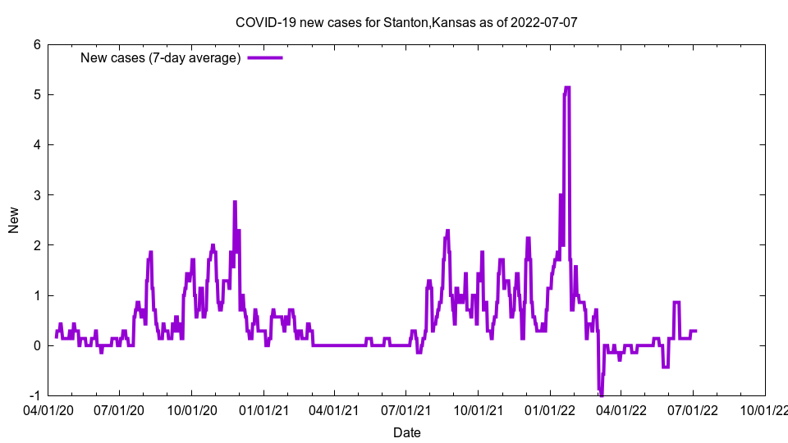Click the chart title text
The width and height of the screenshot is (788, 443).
406,22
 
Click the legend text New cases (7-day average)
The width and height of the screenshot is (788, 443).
160,57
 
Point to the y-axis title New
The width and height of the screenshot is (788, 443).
14,220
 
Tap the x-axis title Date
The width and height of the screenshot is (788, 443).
406,432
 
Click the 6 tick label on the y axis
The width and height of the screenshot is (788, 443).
37,44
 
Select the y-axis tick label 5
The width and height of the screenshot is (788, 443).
37,94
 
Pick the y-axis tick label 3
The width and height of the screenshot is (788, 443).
37,195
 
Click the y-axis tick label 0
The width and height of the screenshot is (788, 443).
37,345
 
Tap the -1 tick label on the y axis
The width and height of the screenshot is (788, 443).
34,395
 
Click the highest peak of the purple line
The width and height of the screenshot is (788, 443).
566,88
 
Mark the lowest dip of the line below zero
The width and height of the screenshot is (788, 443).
601,395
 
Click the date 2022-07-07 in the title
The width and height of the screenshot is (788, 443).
543,22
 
